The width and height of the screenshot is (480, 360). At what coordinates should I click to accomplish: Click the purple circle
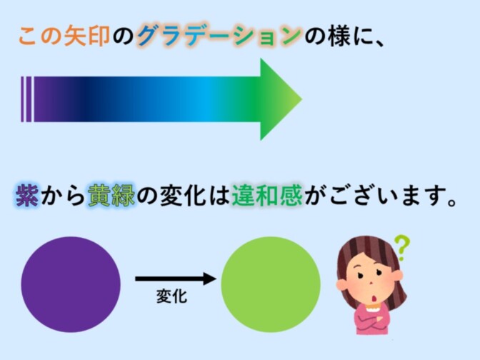tap(71, 284)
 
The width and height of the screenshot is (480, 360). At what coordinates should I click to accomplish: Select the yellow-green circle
tap(271, 284)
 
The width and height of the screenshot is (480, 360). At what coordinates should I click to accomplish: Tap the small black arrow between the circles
tap(176, 279)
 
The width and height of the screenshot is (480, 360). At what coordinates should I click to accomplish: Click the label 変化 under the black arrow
tap(171, 296)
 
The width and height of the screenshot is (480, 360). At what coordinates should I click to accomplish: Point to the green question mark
tap(401, 247)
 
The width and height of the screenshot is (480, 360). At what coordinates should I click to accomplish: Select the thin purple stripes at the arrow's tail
tap(26, 99)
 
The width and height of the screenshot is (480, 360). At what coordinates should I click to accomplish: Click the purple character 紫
tap(27, 195)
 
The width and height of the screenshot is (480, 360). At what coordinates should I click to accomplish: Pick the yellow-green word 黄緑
tap(111, 195)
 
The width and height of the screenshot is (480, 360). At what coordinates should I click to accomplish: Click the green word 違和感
tap(267, 195)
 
